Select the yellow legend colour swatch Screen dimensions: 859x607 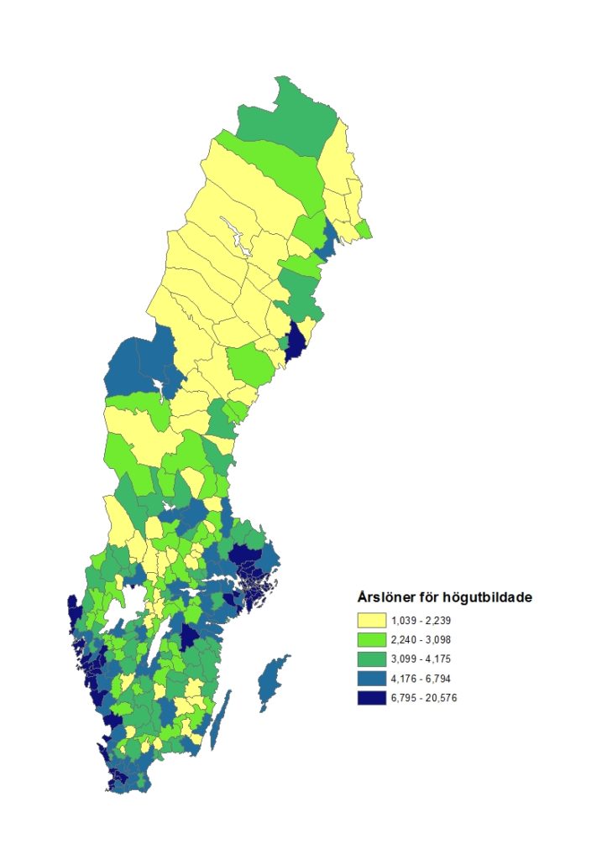coord(370,622)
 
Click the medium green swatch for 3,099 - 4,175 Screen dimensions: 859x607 coord(370,659)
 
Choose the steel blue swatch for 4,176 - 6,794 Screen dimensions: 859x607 coord(370,679)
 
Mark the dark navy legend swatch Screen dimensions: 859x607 coord(370,698)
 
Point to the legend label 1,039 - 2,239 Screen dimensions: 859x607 coord(423,622)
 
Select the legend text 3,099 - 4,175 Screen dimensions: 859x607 coord(423,659)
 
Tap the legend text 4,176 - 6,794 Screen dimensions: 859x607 coord(423,679)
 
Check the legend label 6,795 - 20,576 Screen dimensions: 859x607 coord(426,698)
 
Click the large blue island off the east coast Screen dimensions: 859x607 coord(271,684)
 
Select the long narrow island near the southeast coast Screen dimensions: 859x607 coord(221,723)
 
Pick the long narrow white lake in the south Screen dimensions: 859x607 coord(159,646)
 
